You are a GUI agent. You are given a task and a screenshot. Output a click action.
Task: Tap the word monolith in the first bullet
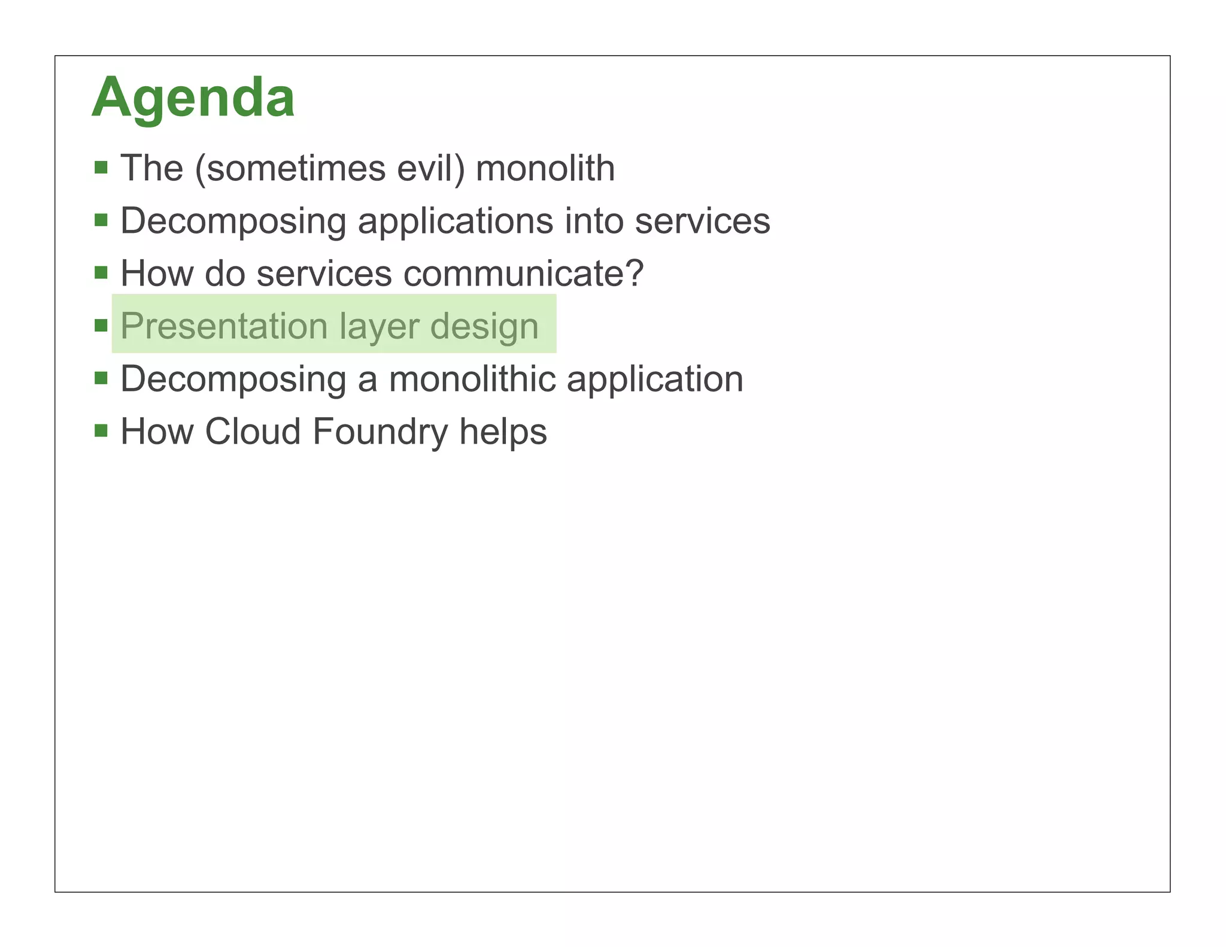tap(545, 168)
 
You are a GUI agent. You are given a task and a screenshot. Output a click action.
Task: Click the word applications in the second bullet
tap(455, 221)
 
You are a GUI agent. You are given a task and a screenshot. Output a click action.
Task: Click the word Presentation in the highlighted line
tap(224, 326)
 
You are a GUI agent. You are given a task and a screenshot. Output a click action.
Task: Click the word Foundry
tap(380, 432)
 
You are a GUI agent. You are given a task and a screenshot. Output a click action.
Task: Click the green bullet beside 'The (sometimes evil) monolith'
tap(101, 167)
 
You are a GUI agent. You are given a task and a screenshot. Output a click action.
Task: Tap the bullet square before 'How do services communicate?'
tap(101, 273)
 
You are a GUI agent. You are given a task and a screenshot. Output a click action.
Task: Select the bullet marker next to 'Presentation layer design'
tap(101, 326)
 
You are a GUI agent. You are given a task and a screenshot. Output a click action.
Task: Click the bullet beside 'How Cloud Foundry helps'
tap(101, 431)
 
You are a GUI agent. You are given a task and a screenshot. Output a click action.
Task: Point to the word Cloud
tap(253, 432)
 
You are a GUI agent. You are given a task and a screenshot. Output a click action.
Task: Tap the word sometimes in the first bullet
tap(290, 168)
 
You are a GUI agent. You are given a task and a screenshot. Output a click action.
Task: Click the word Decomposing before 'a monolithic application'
tap(233, 380)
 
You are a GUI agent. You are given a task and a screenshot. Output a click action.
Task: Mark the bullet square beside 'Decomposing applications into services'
tap(101, 220)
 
